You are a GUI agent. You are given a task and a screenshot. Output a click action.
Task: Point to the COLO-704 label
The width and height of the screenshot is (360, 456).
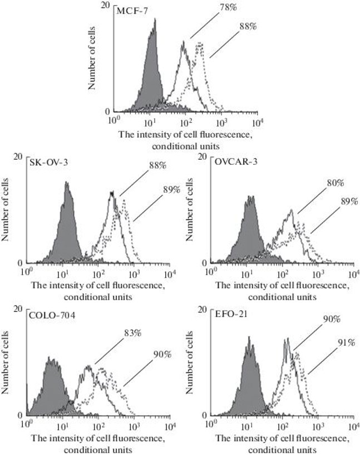pos(48,315)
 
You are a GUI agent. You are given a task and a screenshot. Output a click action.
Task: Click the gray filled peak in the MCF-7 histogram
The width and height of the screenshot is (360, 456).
pos(150,72)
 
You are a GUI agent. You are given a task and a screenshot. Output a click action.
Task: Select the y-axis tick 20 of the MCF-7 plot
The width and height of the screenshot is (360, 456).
pos(105,5)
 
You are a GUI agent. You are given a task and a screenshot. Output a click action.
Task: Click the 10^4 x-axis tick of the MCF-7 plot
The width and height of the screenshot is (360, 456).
pos(258,120)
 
